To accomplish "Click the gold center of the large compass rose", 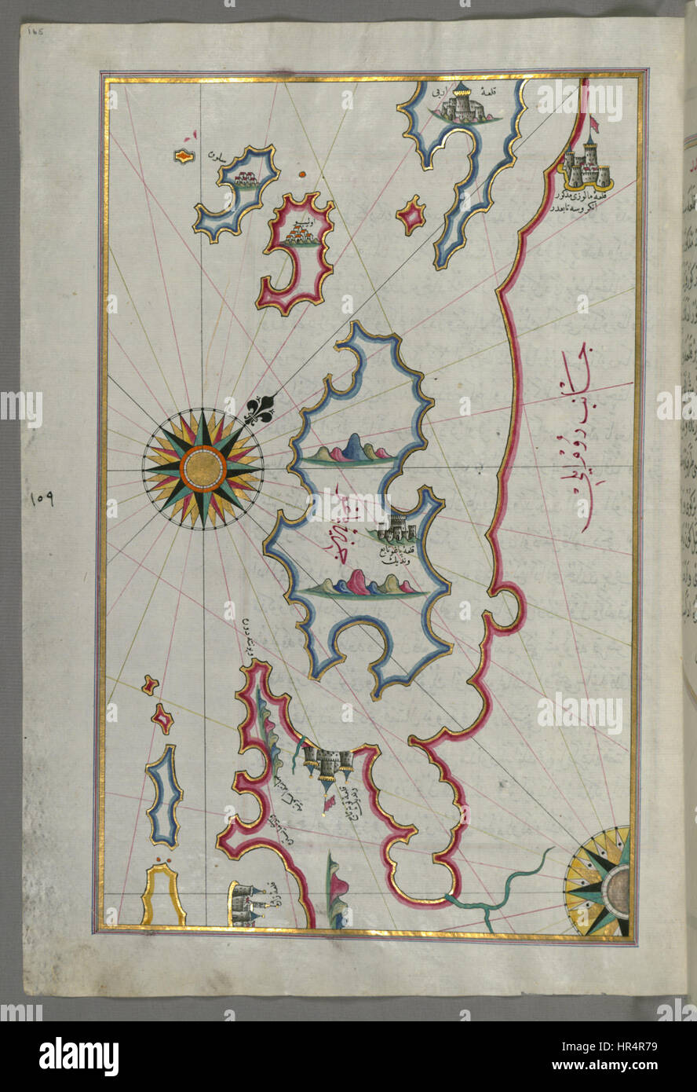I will pyautogui.click(x=203, y=468).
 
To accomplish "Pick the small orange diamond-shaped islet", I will pyautogui.click(x=183, y=157).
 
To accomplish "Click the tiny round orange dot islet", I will pyautogui.click(x=302, y=174).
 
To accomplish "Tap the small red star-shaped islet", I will pyautogui.click(x=411, y=215).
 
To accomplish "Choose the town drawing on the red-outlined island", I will pyautogui.click(x=299, y=233).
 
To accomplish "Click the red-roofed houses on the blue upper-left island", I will pyautogui.click(x=246, y=180).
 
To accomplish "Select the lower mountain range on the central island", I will pyautogui.click(x=367, y=584).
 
